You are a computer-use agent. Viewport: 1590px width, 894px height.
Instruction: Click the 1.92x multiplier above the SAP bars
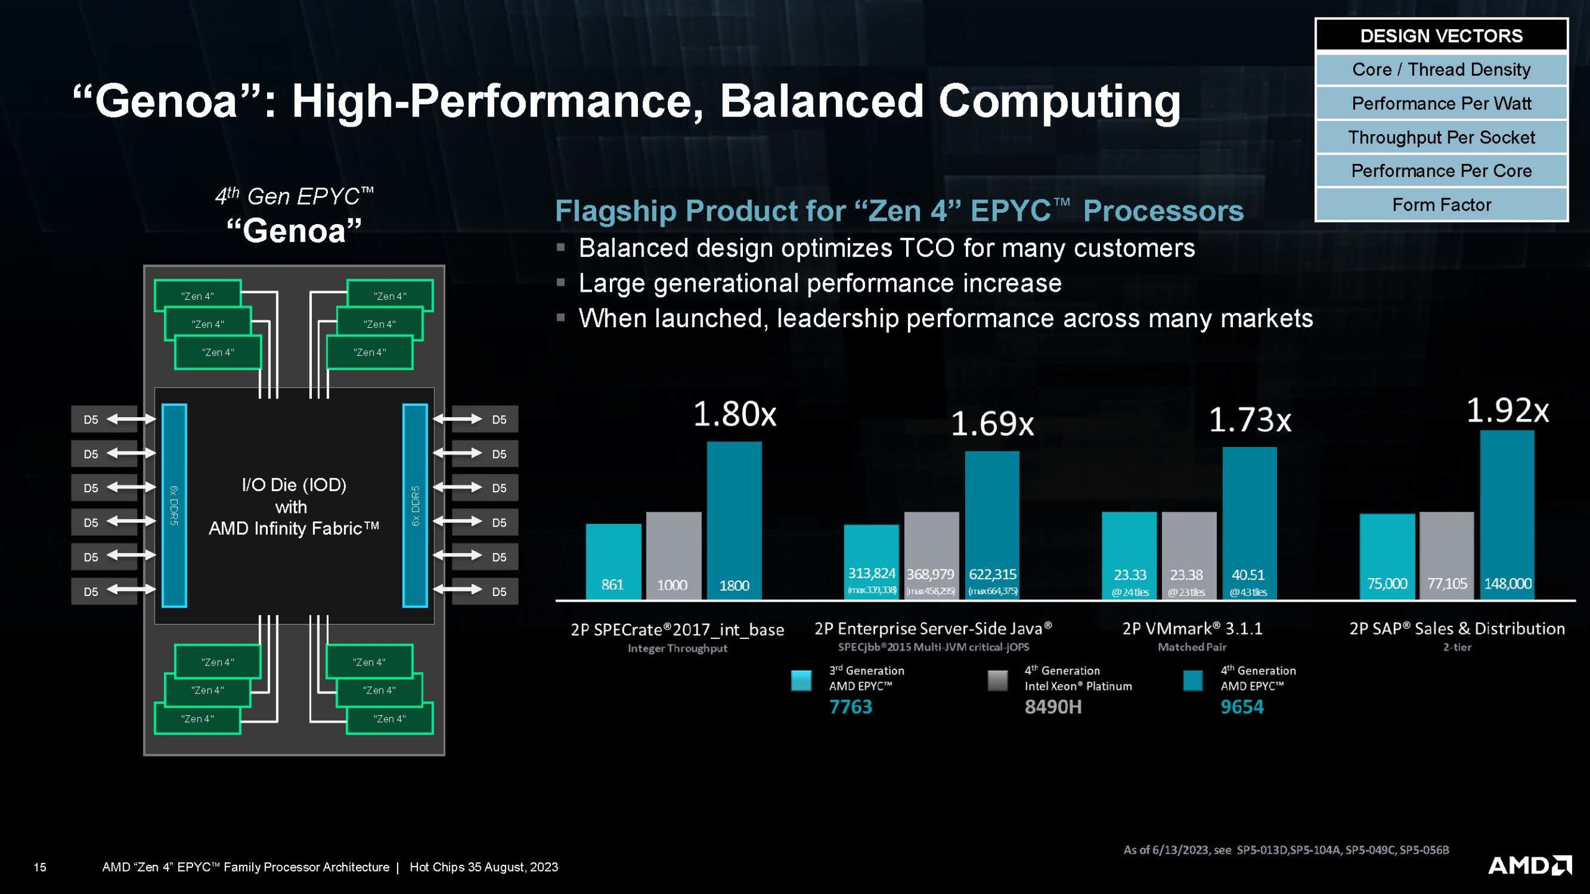pos(1507,411)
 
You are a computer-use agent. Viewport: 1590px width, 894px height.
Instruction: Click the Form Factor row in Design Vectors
pos(1441,204)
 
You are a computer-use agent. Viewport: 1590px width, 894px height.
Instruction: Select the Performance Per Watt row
pos(1441,103)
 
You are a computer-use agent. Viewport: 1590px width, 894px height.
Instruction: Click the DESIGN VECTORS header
pos(1441,35)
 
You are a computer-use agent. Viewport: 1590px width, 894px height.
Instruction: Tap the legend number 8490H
pos(1053,707)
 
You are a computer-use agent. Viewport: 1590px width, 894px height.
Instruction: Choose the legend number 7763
pos(850,707)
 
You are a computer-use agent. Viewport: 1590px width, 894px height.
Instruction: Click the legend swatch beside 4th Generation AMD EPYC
pos(1192,680)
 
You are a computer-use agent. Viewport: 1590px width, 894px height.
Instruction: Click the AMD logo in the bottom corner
pos(1529,865)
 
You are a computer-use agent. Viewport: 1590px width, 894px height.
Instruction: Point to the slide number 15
pos(40,867)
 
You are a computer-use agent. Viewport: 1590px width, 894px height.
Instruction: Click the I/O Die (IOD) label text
pos(294,484)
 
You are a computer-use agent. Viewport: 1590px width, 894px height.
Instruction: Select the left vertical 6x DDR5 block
pos(174,505)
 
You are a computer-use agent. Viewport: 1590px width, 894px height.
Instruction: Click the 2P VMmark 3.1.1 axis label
pos(1192,629)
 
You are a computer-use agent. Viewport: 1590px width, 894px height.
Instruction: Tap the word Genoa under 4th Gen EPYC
pos(294,231)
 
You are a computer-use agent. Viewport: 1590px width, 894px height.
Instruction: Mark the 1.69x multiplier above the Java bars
pos(992,424)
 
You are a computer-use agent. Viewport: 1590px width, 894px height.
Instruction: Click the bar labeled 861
pos(613,561)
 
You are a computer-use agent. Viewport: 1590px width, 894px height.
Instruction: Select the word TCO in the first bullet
pos(927,248)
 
